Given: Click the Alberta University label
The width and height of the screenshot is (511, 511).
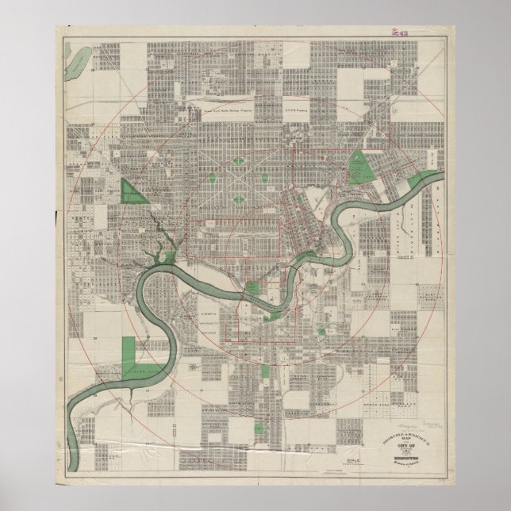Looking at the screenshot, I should click(205, 318).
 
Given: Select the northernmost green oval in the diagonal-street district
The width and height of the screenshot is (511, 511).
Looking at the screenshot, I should click(239, 162).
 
